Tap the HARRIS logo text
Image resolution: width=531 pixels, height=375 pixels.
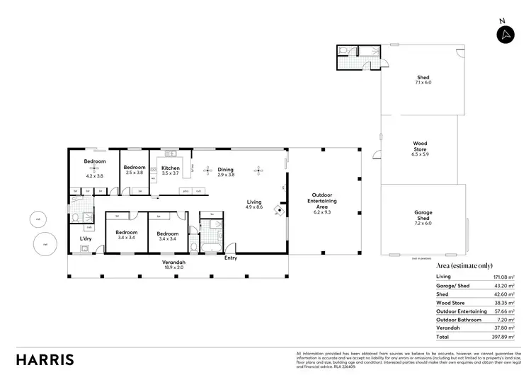point(45,359)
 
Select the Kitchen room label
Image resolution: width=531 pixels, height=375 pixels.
point(171,171)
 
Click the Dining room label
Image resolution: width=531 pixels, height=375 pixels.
point(225,171)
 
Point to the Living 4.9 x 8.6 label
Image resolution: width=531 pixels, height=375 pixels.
point(253,204)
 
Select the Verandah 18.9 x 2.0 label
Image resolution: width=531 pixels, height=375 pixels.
point(174,265)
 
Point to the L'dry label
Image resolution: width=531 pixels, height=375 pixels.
point(85,238)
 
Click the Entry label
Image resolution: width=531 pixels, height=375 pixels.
point(231,258)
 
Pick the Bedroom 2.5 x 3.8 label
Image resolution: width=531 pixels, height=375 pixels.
point(135,171)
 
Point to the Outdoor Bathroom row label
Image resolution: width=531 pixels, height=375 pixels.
point(459,319)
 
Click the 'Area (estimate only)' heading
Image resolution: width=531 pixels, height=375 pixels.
point(464,265)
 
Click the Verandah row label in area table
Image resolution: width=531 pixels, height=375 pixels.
point(448,328)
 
